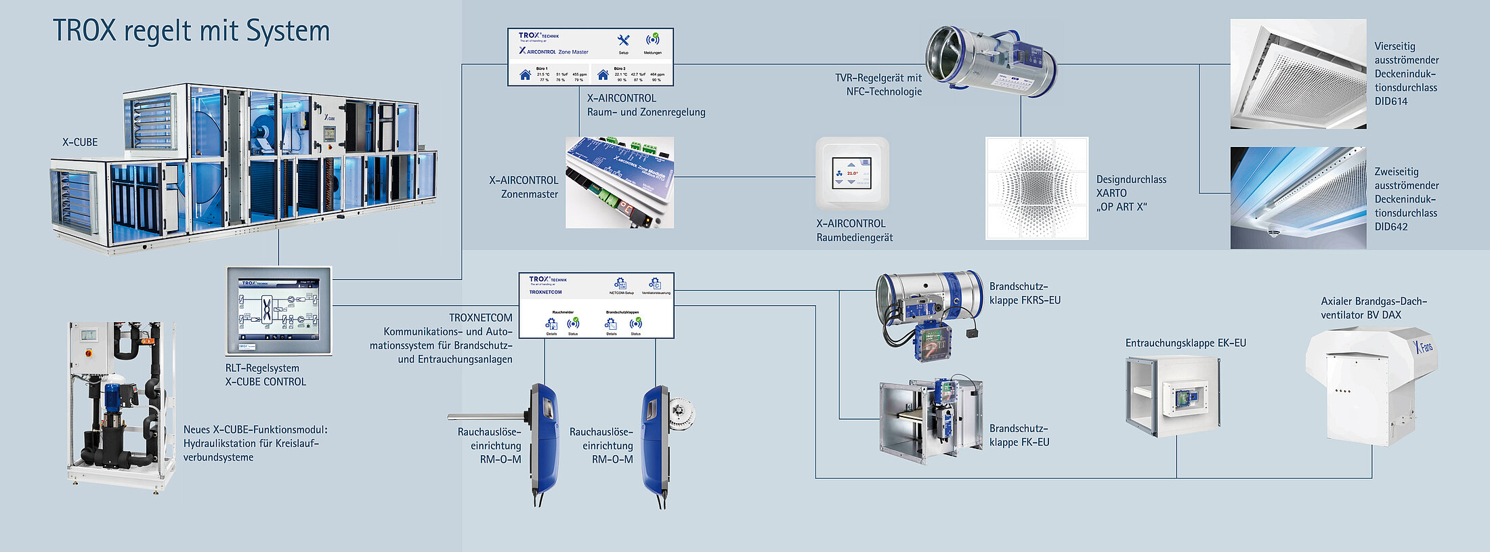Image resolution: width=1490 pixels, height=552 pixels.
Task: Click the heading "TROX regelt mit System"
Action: (x=191, y=32)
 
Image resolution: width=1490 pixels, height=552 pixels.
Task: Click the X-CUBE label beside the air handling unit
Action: (x=80, y=142)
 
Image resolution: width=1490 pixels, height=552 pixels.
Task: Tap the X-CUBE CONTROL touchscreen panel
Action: (x=278, y=310)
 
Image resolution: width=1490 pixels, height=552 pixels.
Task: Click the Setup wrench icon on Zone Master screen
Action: (x=624, y=41)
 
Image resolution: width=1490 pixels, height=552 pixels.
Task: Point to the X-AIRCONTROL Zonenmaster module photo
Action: (x=619, y=182)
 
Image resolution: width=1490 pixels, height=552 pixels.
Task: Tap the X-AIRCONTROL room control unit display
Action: (x=851, y=174)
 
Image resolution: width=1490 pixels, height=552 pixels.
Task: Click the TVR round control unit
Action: (x=990, y=60)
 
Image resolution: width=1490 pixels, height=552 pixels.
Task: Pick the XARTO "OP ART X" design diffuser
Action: (x=1036, y=188)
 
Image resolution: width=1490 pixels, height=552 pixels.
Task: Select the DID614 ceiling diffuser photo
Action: (x=1298, y=74)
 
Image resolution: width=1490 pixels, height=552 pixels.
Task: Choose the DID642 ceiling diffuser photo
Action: (x=1298, y=198)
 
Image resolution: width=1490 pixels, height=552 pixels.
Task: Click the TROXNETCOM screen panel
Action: (x=596, y=305)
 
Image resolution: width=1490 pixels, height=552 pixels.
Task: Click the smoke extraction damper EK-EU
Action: (x=1172, y=396)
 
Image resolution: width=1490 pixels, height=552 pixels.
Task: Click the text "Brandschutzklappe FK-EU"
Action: (x=1019, y=435)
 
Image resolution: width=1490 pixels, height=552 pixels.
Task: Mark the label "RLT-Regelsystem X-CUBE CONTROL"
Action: (x=265, y=375)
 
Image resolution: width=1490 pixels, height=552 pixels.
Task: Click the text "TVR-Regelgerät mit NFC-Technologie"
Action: (x=878, y=85)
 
